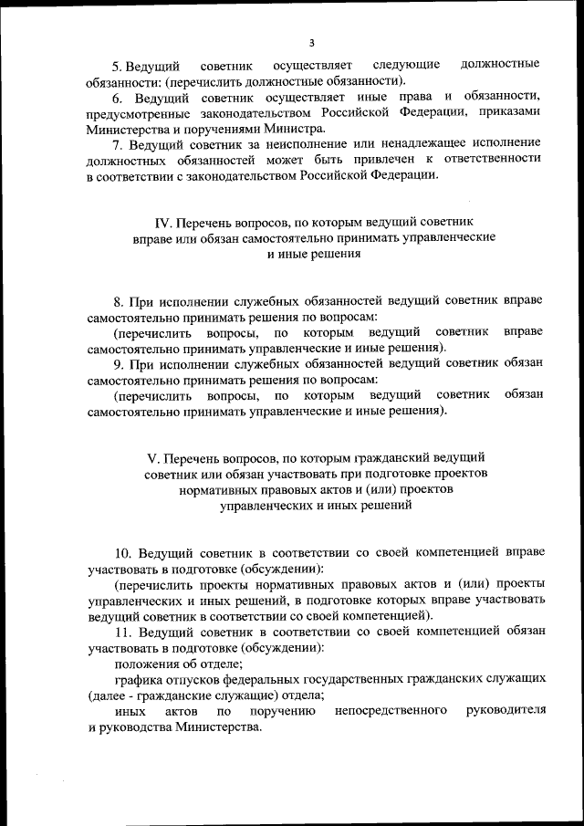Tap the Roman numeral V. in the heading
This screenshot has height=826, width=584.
(x=153, y=456)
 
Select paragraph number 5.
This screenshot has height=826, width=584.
(x=117, y=65)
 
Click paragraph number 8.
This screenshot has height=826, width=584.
(x=119, y=300)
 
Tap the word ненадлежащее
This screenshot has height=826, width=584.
(x=409, y=144)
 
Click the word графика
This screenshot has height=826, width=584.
(x=136, y=679)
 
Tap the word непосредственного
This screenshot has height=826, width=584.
(x=391, y=711)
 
